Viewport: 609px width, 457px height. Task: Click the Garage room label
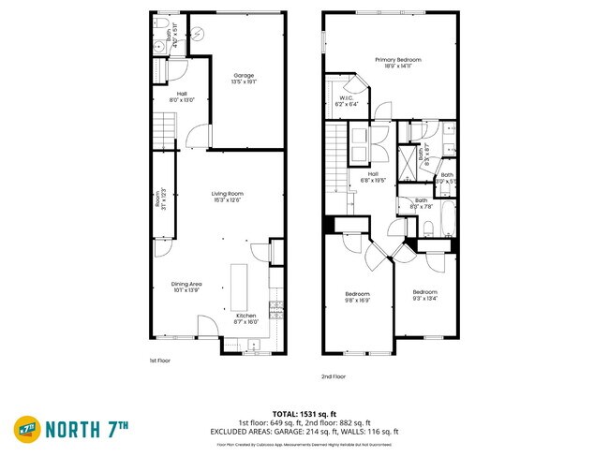point(244,79)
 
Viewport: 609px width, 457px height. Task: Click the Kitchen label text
point(245,318)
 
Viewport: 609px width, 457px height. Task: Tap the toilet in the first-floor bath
point(159,24)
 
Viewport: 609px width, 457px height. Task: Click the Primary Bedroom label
point(398,63)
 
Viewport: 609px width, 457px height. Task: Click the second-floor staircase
point(337,159)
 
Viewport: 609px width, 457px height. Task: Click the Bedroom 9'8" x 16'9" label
point(357,297)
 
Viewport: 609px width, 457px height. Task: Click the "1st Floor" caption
point(161,360)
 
